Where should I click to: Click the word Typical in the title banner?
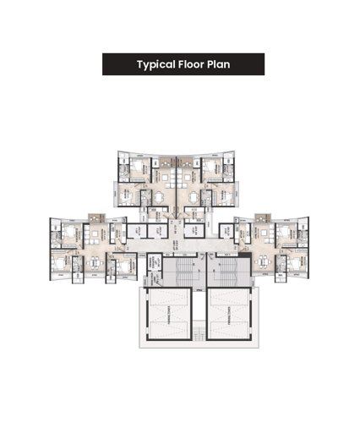(157, 64)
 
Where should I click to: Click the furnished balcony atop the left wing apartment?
(94, 219)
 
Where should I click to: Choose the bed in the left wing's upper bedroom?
(65, 233)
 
